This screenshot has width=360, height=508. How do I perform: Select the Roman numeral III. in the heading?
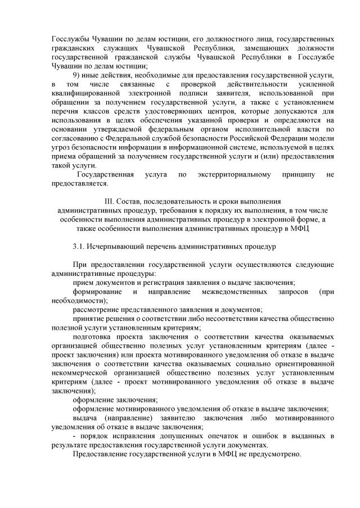[x=110, y=201]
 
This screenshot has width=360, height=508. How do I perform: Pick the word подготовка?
[x=94, y=337]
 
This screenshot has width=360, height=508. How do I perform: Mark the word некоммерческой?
[x=80, y=373]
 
